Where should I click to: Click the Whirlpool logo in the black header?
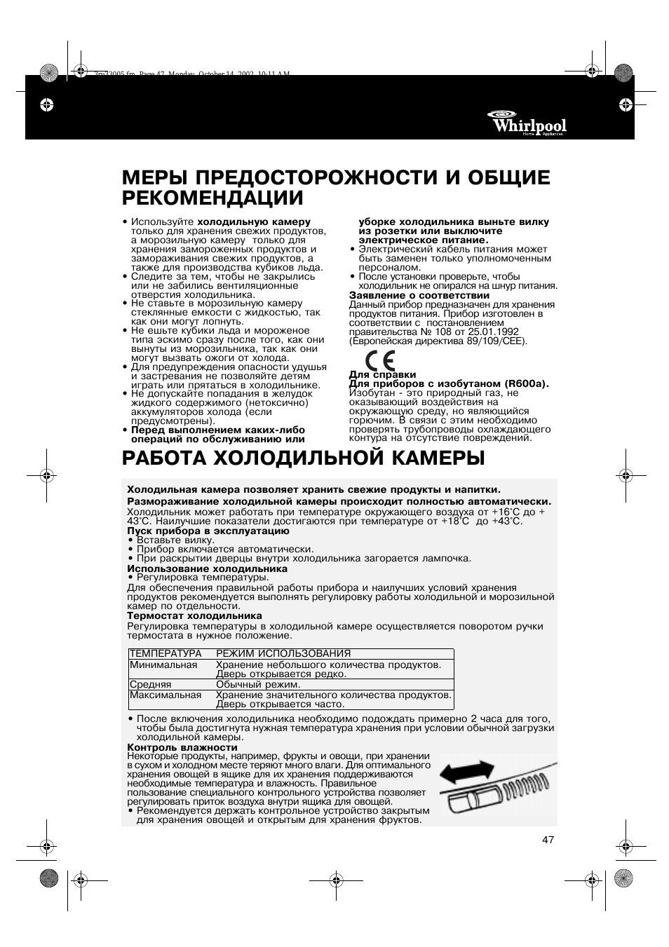[x=529, y=124]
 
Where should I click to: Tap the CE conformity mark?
[x=378, y=362]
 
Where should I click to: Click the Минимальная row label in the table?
[x=163, y=665]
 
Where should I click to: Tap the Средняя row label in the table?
[x=150, y=684]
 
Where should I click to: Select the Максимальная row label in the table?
[x=165, y=695]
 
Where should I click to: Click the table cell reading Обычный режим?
[x=258, y=684]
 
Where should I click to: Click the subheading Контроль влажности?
[x=182, y=747]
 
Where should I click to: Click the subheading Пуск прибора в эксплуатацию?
[x=208, y=531]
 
